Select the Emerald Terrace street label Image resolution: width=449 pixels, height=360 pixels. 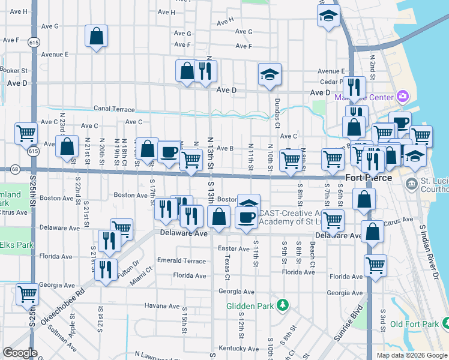181,260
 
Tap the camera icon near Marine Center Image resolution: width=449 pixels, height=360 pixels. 402,97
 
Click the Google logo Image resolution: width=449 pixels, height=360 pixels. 20,353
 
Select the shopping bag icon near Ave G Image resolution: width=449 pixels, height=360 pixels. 96,37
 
